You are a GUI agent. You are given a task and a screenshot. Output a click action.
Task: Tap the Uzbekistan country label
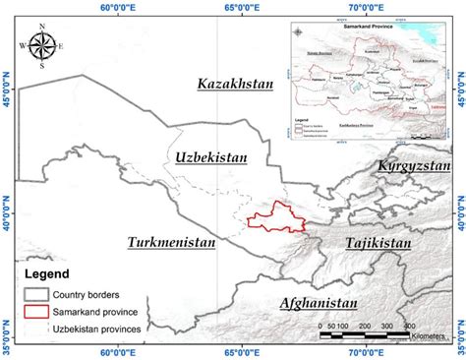click(210, 157)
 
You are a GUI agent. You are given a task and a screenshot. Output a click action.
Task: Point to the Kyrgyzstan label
click(412, 167)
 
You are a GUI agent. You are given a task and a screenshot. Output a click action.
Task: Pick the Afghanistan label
click(319, 302)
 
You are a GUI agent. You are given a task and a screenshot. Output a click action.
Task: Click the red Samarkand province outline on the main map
click(271, 218)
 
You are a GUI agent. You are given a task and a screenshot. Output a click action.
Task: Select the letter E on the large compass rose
click(62, 46)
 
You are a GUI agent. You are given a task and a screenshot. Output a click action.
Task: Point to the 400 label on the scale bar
click(407, 325)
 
